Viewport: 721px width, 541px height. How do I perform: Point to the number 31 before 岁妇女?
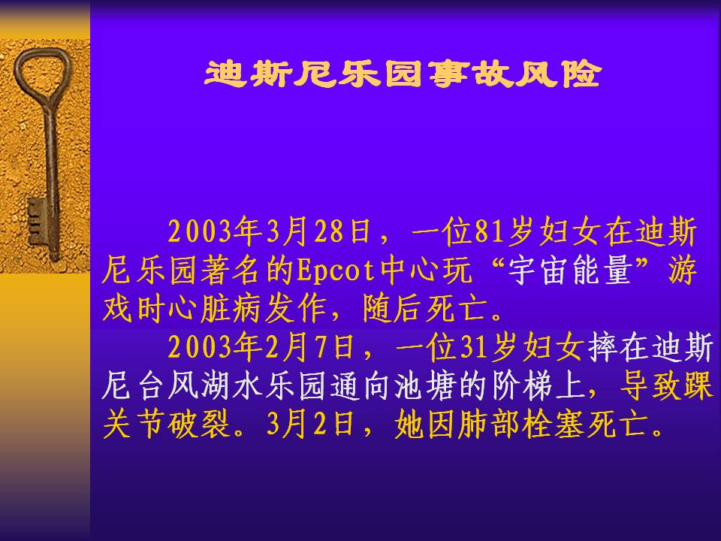(x=475, y=346)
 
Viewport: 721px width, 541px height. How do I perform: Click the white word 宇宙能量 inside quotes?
(x=570, y=270)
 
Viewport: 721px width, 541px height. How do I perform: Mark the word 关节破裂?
(x=166, y=424)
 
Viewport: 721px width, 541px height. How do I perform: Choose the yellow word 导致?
(x=650, y=385)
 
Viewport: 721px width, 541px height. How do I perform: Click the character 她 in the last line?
(x=409, y=424)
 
